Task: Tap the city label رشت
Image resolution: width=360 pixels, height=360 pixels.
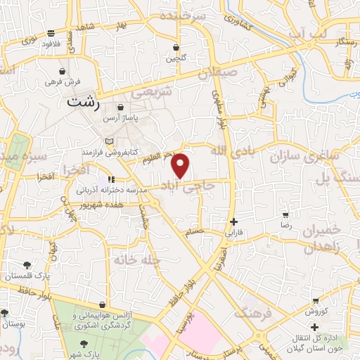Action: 83,102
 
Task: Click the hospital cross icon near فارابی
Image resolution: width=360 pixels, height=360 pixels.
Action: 233,221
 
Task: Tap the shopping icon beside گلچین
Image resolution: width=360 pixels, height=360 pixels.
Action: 176,48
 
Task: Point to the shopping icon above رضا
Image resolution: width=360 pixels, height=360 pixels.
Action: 285,214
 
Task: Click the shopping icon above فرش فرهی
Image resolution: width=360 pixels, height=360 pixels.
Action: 63,72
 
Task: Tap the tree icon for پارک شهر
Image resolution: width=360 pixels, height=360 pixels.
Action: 84,343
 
